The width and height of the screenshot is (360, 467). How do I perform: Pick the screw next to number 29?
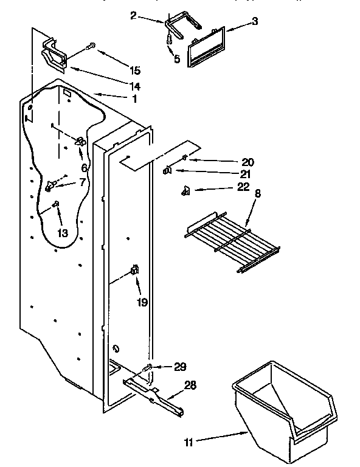tap(148, 367)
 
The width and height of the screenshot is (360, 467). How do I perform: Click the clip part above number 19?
tap(134, 271)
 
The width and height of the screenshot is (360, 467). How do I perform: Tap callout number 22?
tap(243, 187)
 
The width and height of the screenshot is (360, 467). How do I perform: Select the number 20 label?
tap(247, 162)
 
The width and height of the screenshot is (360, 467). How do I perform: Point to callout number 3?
tap(254, 22)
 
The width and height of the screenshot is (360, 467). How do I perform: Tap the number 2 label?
tap(133, 15)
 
